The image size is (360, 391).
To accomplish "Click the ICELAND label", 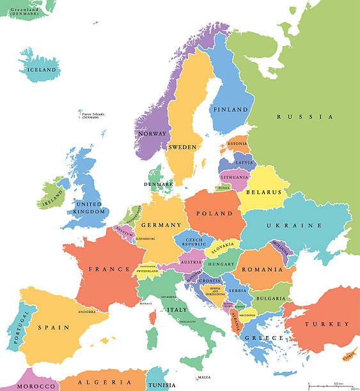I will pos(41,70).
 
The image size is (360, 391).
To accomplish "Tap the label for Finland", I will pos(230,110).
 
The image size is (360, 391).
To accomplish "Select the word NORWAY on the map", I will pos(152,134).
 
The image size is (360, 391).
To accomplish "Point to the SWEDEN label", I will pos(182,147).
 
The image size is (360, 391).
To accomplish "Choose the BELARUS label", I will pos(265,191).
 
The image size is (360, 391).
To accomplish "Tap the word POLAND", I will pos(212,213).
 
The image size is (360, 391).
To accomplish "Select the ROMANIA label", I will pos(262,270).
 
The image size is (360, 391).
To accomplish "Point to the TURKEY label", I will pos(327,324).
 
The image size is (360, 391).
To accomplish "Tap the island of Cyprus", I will pos(349,356).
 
